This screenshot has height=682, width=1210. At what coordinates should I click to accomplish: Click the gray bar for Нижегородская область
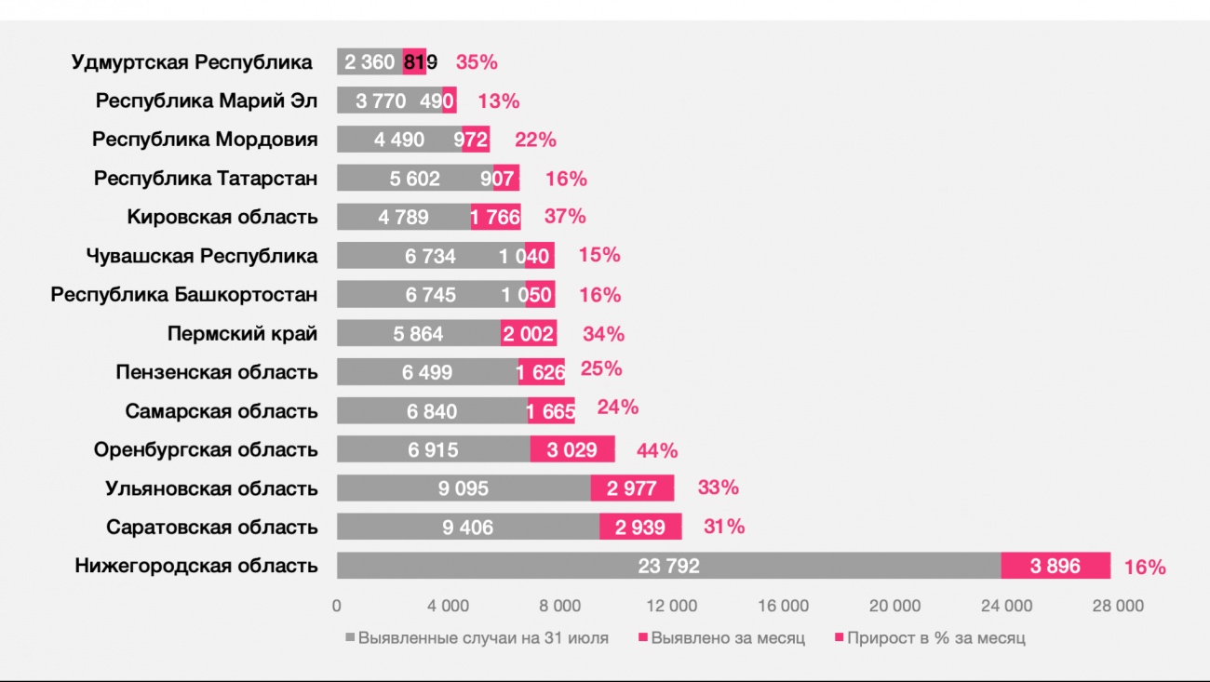(x=668, y=566)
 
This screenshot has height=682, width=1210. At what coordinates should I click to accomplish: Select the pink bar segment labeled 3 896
(x=1055, y=566)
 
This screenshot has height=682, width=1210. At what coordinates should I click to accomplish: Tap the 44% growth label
(x=657, y=450)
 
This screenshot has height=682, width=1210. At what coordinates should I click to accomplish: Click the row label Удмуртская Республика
(x=192, y=62)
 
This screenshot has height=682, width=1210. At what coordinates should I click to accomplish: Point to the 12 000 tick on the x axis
(x=671, y=606)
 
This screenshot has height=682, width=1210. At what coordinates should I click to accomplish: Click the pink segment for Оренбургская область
(x=572, y=449)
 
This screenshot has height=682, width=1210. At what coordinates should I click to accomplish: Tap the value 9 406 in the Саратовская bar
(x=467, y=528)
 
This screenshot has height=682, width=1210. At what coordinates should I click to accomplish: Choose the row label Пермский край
(x=242, y=333)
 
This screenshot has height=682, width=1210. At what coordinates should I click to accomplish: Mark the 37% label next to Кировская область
(x=565, y=217)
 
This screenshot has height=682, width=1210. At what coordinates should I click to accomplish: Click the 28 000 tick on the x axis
(x=1117, y=606)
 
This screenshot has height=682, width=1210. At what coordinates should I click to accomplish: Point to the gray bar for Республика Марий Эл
(x=389, y=100)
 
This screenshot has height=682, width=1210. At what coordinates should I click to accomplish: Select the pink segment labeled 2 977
(x=632, y=488)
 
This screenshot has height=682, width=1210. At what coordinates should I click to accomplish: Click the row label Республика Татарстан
(x=205, y=178)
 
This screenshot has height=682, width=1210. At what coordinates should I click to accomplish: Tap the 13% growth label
(x=498, y=101)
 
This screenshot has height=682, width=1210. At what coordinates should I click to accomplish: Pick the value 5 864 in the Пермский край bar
(x=419, y=333)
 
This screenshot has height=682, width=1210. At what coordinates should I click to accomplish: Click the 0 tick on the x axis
(x=337, y=606)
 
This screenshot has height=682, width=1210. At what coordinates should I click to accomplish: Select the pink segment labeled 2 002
(x=529, y=333)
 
